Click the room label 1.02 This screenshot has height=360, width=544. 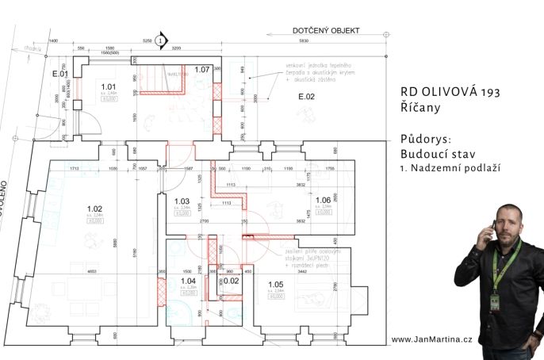pyautogui.click(x=94, y=208)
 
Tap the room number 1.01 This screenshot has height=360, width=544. pyautogui.click(x=108, y=86)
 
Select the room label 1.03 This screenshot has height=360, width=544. pyautogui.click(x=182, y=201)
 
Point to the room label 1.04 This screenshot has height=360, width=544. pyautogui.click(x=188, y=281)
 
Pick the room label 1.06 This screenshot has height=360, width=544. pyautogui.click(x=323, y=201)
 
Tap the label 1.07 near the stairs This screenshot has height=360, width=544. pyautogui.click(x=201, y=71)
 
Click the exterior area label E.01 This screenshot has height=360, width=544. pyautogui.click(x=60, y=75)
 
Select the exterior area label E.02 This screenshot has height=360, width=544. pyautogui.click(x=307, y=97)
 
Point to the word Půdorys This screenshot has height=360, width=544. pyautogui.click(x=425, y=139)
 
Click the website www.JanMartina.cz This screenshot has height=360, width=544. pyautogui.click(x=432, y=339)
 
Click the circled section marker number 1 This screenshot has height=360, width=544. pyautogui.click(x=161, y=39)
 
